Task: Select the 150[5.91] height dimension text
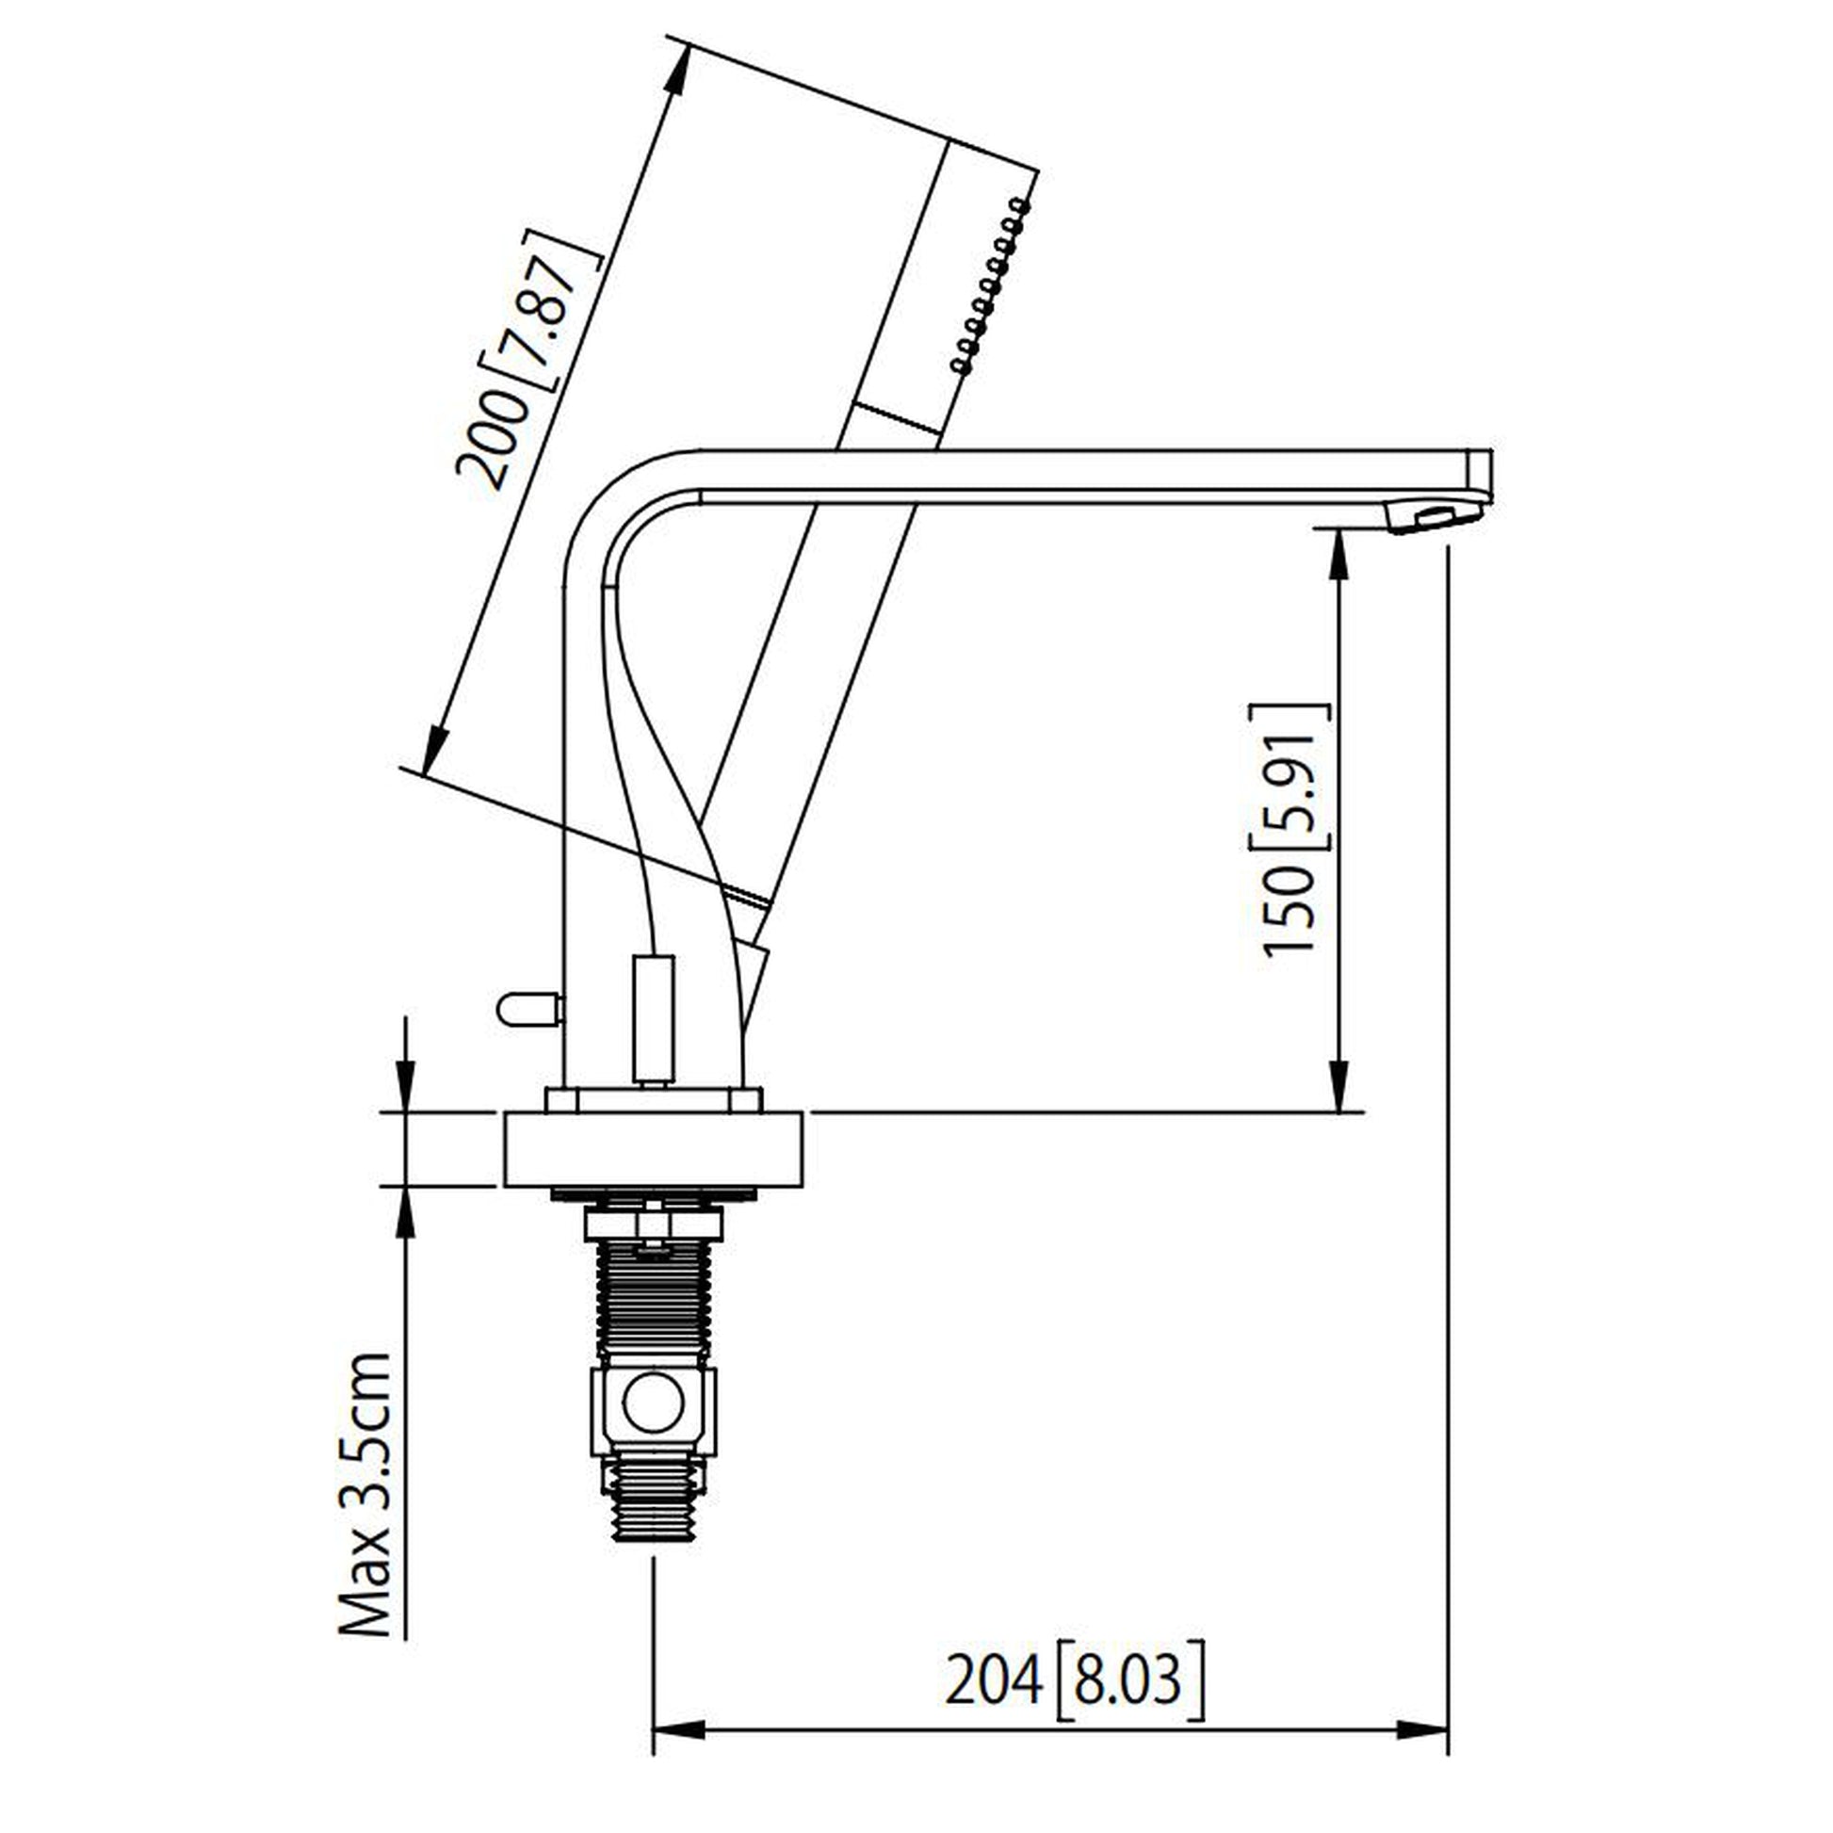pyautogui.click(x=1295, y=830)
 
